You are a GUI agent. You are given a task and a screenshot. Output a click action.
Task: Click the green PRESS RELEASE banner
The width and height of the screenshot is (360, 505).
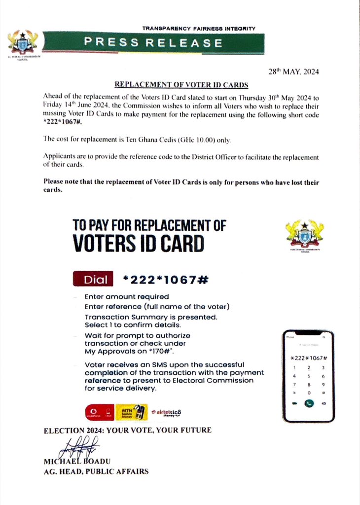pyautogui.click(x=153, y=43)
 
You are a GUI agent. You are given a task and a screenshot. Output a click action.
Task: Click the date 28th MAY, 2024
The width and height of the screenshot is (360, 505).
pyautogui.click(x=293, y=72)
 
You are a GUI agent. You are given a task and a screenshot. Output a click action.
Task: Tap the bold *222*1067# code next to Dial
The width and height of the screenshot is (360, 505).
pyautogui.click(x=166, y=280)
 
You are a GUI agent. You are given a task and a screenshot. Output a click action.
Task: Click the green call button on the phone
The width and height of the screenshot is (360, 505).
pyautogui.click(x=309, y=403)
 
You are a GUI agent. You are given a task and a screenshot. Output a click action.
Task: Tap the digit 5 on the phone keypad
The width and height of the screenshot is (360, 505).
pyautogui.click(x=309, y=375)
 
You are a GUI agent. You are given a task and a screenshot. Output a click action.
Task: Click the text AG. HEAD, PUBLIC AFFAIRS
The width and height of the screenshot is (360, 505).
pyautogui.click(x=96, y=471)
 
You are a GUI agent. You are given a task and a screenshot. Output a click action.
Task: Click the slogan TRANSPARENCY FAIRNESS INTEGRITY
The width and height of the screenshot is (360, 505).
pyautogui.click(x=199, y=29)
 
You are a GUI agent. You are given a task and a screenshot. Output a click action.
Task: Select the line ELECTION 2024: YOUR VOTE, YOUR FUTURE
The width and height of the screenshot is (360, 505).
pyautogui.click(x=128, y=431)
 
